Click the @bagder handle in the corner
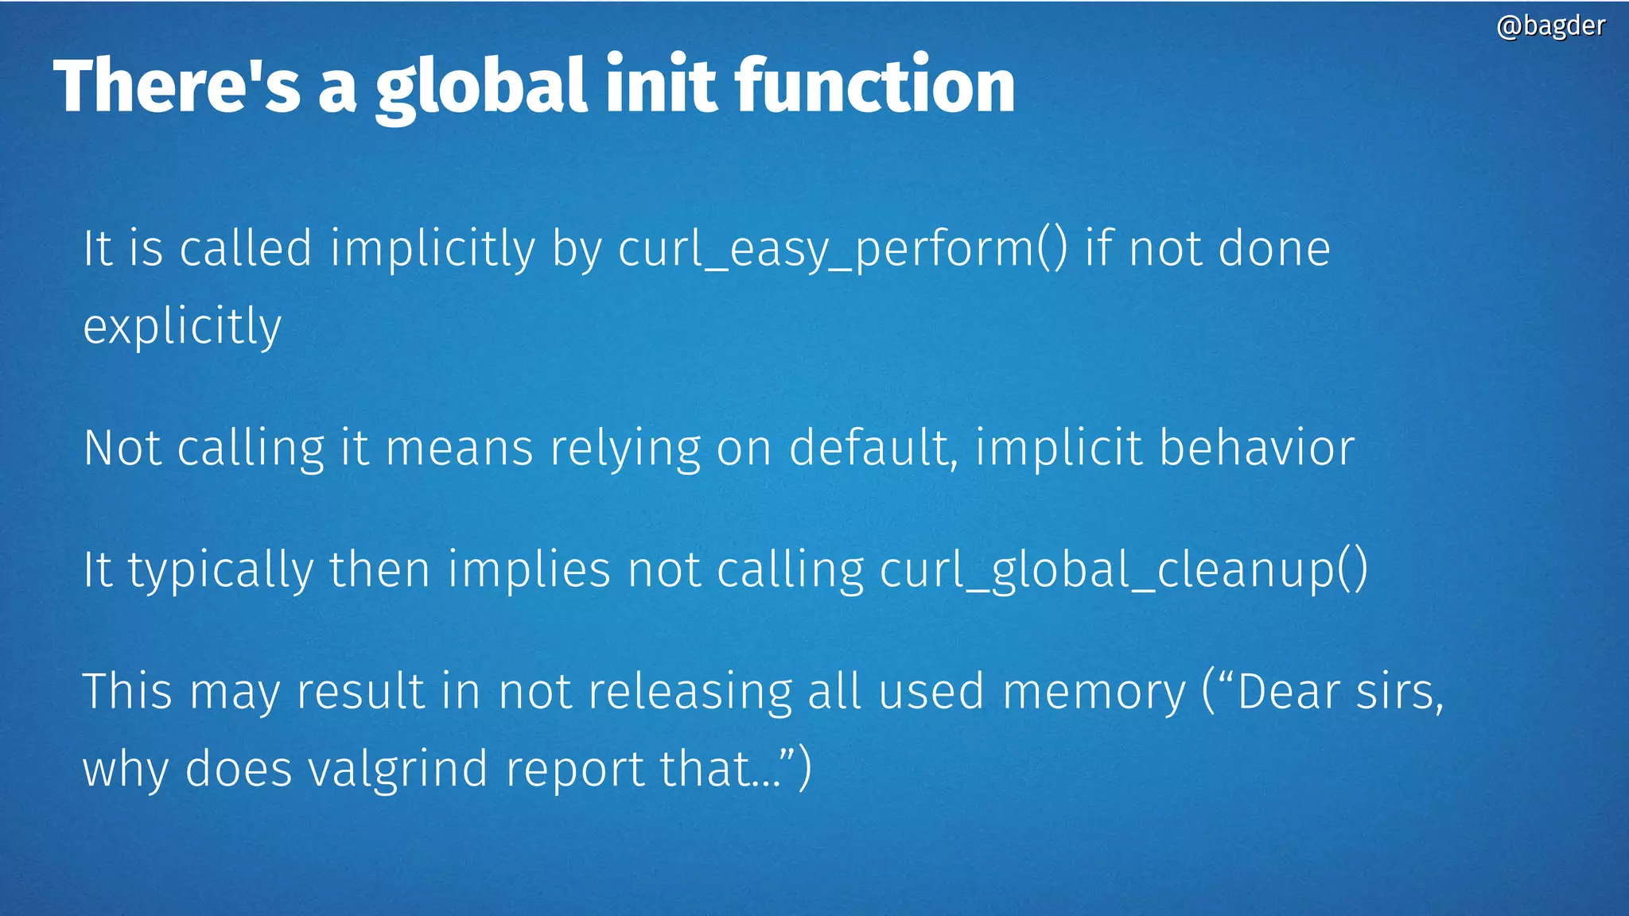pyautogui.click(x=1550, y=26)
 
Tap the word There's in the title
pyautogui.click(x=177, y=86)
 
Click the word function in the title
pyautogui.click(x=875, y=86)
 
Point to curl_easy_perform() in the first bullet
pyautogui.click(x=843, y=249)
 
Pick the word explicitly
pyautogui.click(x=182, y=327)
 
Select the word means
pyautogui.click(x=459, y=448)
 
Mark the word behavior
pyautogui.click(x=1257, y=448)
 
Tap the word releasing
pyautogui.click(x=690, y=691)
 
